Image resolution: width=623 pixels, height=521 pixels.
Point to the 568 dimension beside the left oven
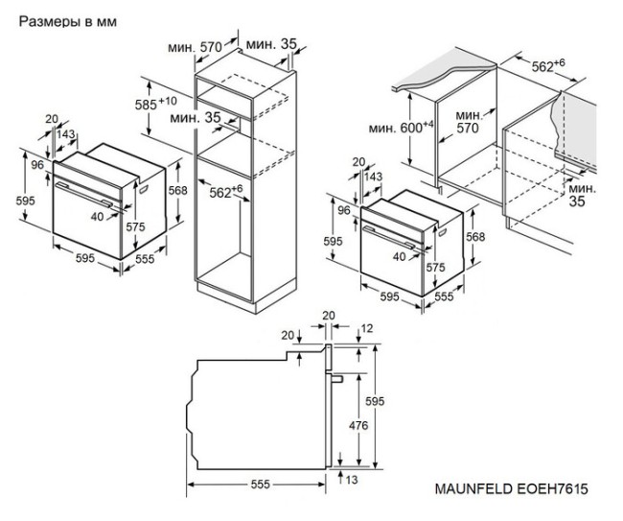coord(177,189)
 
